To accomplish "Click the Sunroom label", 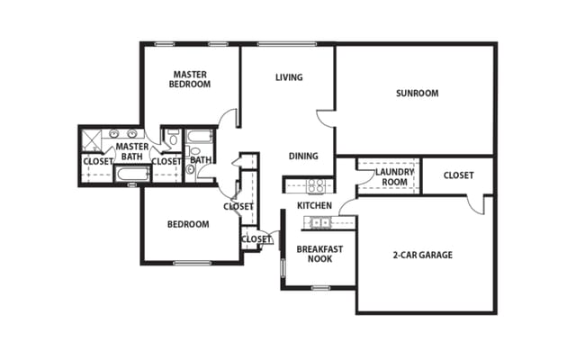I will [417, 93].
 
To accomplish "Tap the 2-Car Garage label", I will [423, 255].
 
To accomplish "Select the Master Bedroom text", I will [191, 78].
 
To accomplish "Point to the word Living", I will [289, 77].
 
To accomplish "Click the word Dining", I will [303, 156].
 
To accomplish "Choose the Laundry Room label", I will [393, 175].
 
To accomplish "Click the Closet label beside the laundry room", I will [458, 175].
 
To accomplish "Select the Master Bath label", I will [132, 151].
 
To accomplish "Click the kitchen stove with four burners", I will [316, 185].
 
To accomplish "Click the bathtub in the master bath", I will [131, 174].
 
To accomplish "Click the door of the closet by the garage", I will [475, 203].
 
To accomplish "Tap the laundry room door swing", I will [364, 179].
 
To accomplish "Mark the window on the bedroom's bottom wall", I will [191, 263].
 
